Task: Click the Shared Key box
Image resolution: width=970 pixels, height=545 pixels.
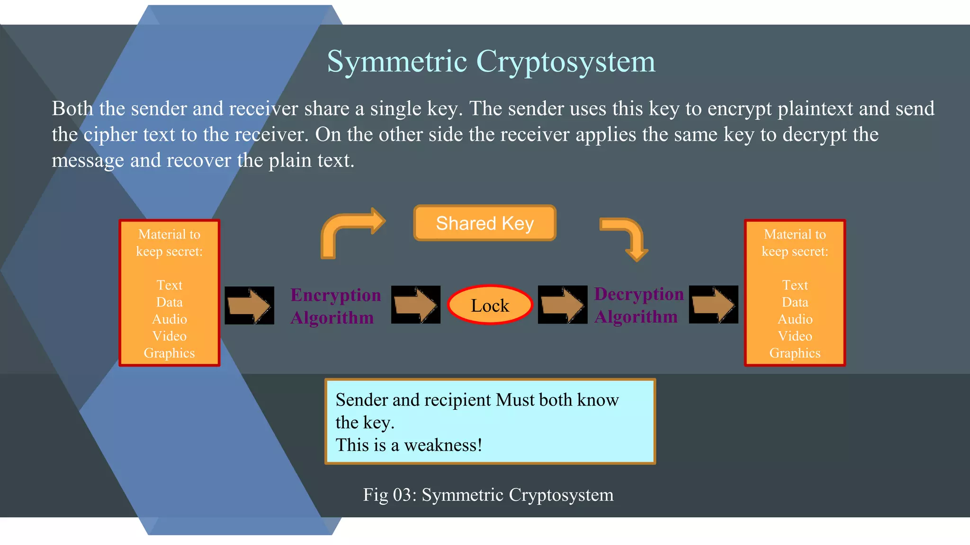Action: pos(485,223)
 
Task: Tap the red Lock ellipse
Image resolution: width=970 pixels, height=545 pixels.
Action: pos(490,305)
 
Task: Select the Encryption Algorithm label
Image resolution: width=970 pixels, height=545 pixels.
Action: pos(335,306)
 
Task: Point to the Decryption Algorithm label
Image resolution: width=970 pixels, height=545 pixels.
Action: pos(638,305)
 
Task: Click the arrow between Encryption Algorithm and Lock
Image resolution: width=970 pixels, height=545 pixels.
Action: pos(415,305)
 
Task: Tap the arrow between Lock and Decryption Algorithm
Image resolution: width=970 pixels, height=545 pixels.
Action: pos(562,305)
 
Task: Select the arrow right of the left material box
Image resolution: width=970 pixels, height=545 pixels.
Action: pos(249,305)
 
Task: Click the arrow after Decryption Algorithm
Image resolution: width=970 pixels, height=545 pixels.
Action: pos(713,305)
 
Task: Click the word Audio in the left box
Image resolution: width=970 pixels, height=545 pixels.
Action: pos(170,319)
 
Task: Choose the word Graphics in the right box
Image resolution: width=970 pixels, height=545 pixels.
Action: pos(795,353)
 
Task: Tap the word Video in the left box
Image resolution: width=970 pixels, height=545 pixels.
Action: pos(170,336)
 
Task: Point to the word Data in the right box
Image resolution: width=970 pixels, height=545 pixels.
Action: pos(795,302)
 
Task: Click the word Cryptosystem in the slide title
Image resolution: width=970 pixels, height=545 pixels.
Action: pos(566,62)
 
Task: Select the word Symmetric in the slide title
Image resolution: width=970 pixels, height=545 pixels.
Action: pos(397,62)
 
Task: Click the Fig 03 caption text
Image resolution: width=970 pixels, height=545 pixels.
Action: pos(488,495)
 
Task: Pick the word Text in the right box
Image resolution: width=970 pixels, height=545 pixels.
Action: pos(795,285)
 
